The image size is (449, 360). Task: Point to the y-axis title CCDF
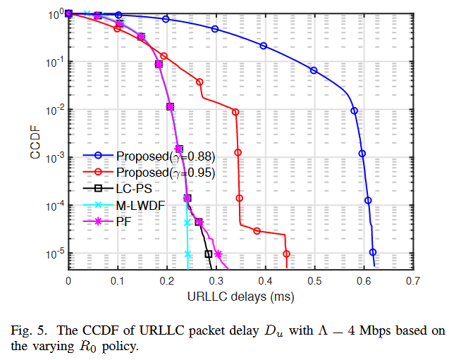coord(35,141)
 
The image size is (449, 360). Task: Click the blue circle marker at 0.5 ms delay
coord(314,70)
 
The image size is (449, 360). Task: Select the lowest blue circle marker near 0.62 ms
coord(373,252)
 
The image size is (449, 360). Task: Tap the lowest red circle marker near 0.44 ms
coord(286,254)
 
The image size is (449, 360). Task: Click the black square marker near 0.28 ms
coord(208,254)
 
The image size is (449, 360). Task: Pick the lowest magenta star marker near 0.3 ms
coord(218,254)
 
